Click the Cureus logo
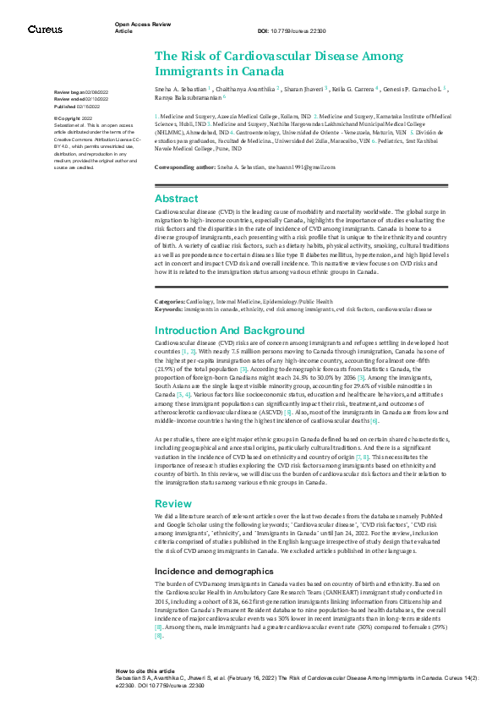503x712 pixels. [x=44, y=30]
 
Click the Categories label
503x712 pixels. [x=171, y=301]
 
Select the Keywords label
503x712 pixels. [x=169, y=309]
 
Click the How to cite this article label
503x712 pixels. [x=146, y=668]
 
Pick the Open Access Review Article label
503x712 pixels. [x=135, y=28]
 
